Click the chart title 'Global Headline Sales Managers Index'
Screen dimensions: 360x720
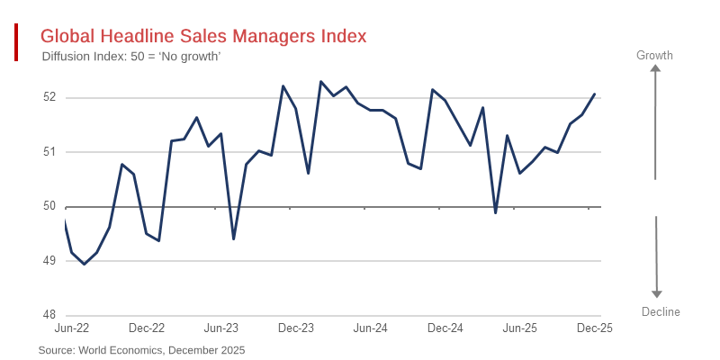click(203, 36)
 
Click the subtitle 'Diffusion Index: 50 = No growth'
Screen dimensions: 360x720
click(131, 57)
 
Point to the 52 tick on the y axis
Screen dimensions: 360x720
click(49, 97)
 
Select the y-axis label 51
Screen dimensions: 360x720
click(49, 152)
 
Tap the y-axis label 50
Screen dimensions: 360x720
click(49, 207)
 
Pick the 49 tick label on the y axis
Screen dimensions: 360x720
click(49, 261)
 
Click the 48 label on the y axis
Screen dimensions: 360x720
click(49, 316)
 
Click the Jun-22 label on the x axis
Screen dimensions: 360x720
click(71, 328)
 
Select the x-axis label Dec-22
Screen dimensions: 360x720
click(147, 328)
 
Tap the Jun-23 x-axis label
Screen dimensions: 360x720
click(220, 328)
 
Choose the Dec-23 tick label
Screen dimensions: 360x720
click(296, 328)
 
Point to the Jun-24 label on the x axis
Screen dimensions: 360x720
click(370, 328)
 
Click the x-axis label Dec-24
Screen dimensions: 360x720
click(445, 328)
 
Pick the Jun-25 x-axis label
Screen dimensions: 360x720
click(519, 328)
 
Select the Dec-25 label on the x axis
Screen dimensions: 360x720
click(594, 328)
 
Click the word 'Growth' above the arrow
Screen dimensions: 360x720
click(654, 56)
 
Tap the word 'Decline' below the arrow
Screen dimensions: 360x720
click(661, 312)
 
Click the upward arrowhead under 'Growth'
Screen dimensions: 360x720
click(656, 68)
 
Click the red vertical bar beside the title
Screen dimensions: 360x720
click(16, 43)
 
